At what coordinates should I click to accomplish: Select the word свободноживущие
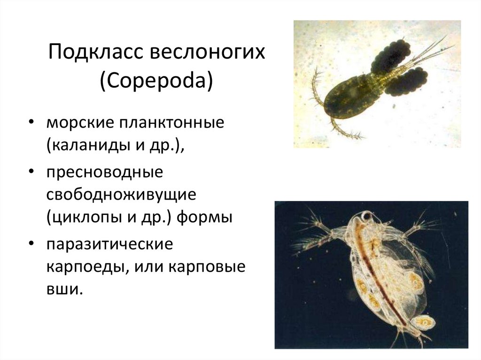tap(120, 194)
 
